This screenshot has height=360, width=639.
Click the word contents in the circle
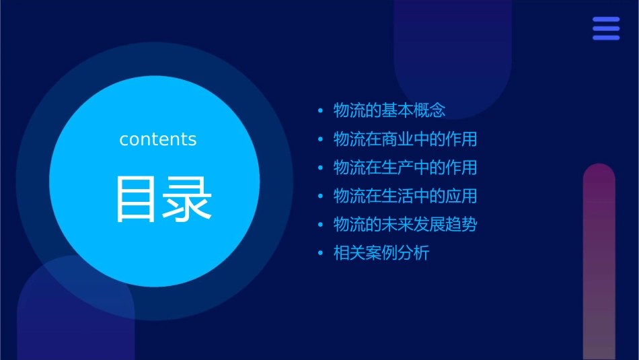158,139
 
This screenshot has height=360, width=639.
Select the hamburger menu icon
605,29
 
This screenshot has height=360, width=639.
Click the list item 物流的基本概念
389,110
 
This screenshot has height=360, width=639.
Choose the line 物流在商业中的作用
405,139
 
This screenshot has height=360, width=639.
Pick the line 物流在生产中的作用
405,168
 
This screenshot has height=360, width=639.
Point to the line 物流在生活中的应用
405,196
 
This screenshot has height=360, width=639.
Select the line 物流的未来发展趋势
405,225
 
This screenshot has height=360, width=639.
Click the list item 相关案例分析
381,254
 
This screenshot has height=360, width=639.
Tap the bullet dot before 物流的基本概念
320,110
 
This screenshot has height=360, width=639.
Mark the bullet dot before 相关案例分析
320,254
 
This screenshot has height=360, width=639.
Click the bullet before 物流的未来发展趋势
320,225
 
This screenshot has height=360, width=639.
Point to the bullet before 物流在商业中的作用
320,139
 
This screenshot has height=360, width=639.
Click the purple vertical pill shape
599,262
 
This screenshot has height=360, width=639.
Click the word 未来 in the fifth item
389,225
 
